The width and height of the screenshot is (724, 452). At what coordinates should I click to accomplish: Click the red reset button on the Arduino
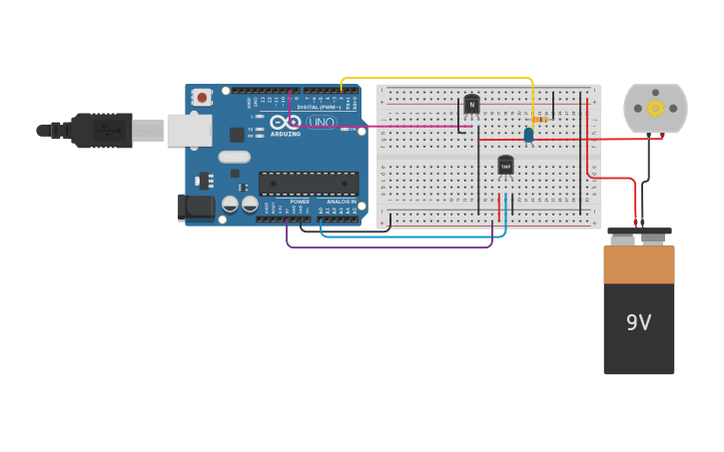(x=202, y=97)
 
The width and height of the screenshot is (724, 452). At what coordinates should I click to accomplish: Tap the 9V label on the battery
(x=638, y=322)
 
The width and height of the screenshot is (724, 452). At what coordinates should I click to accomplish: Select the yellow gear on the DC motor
(x=655, y=108)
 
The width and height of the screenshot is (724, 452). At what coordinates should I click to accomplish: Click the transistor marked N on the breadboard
(x=471, y=104)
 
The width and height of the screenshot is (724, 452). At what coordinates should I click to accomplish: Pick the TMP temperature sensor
(x=505, y=166)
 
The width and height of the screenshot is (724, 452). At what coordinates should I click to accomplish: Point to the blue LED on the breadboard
(x=528, y=134)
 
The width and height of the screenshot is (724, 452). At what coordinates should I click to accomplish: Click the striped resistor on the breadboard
(x=540, y=120)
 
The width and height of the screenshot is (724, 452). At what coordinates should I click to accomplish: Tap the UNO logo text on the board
(x=322, y=123)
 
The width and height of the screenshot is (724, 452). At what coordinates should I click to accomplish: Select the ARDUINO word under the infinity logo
(x=285, y=134)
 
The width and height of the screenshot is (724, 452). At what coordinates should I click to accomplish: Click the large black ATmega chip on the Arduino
(x=308, y=183)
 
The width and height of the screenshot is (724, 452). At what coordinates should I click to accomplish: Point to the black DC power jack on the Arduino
(x=196, y=207)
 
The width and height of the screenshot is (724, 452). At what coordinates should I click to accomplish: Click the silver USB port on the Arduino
(x=188, y=130)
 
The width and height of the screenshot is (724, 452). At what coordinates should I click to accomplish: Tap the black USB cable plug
(x=100, y=130)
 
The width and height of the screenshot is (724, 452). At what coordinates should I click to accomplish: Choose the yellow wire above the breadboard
(x=439, y=77)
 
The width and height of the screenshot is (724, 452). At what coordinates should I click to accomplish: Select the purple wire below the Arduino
(x=389, y=246)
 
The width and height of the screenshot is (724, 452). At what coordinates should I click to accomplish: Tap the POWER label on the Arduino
(x=300, y=202)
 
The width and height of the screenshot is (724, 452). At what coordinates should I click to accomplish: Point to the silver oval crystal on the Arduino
(x=234, y=157)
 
